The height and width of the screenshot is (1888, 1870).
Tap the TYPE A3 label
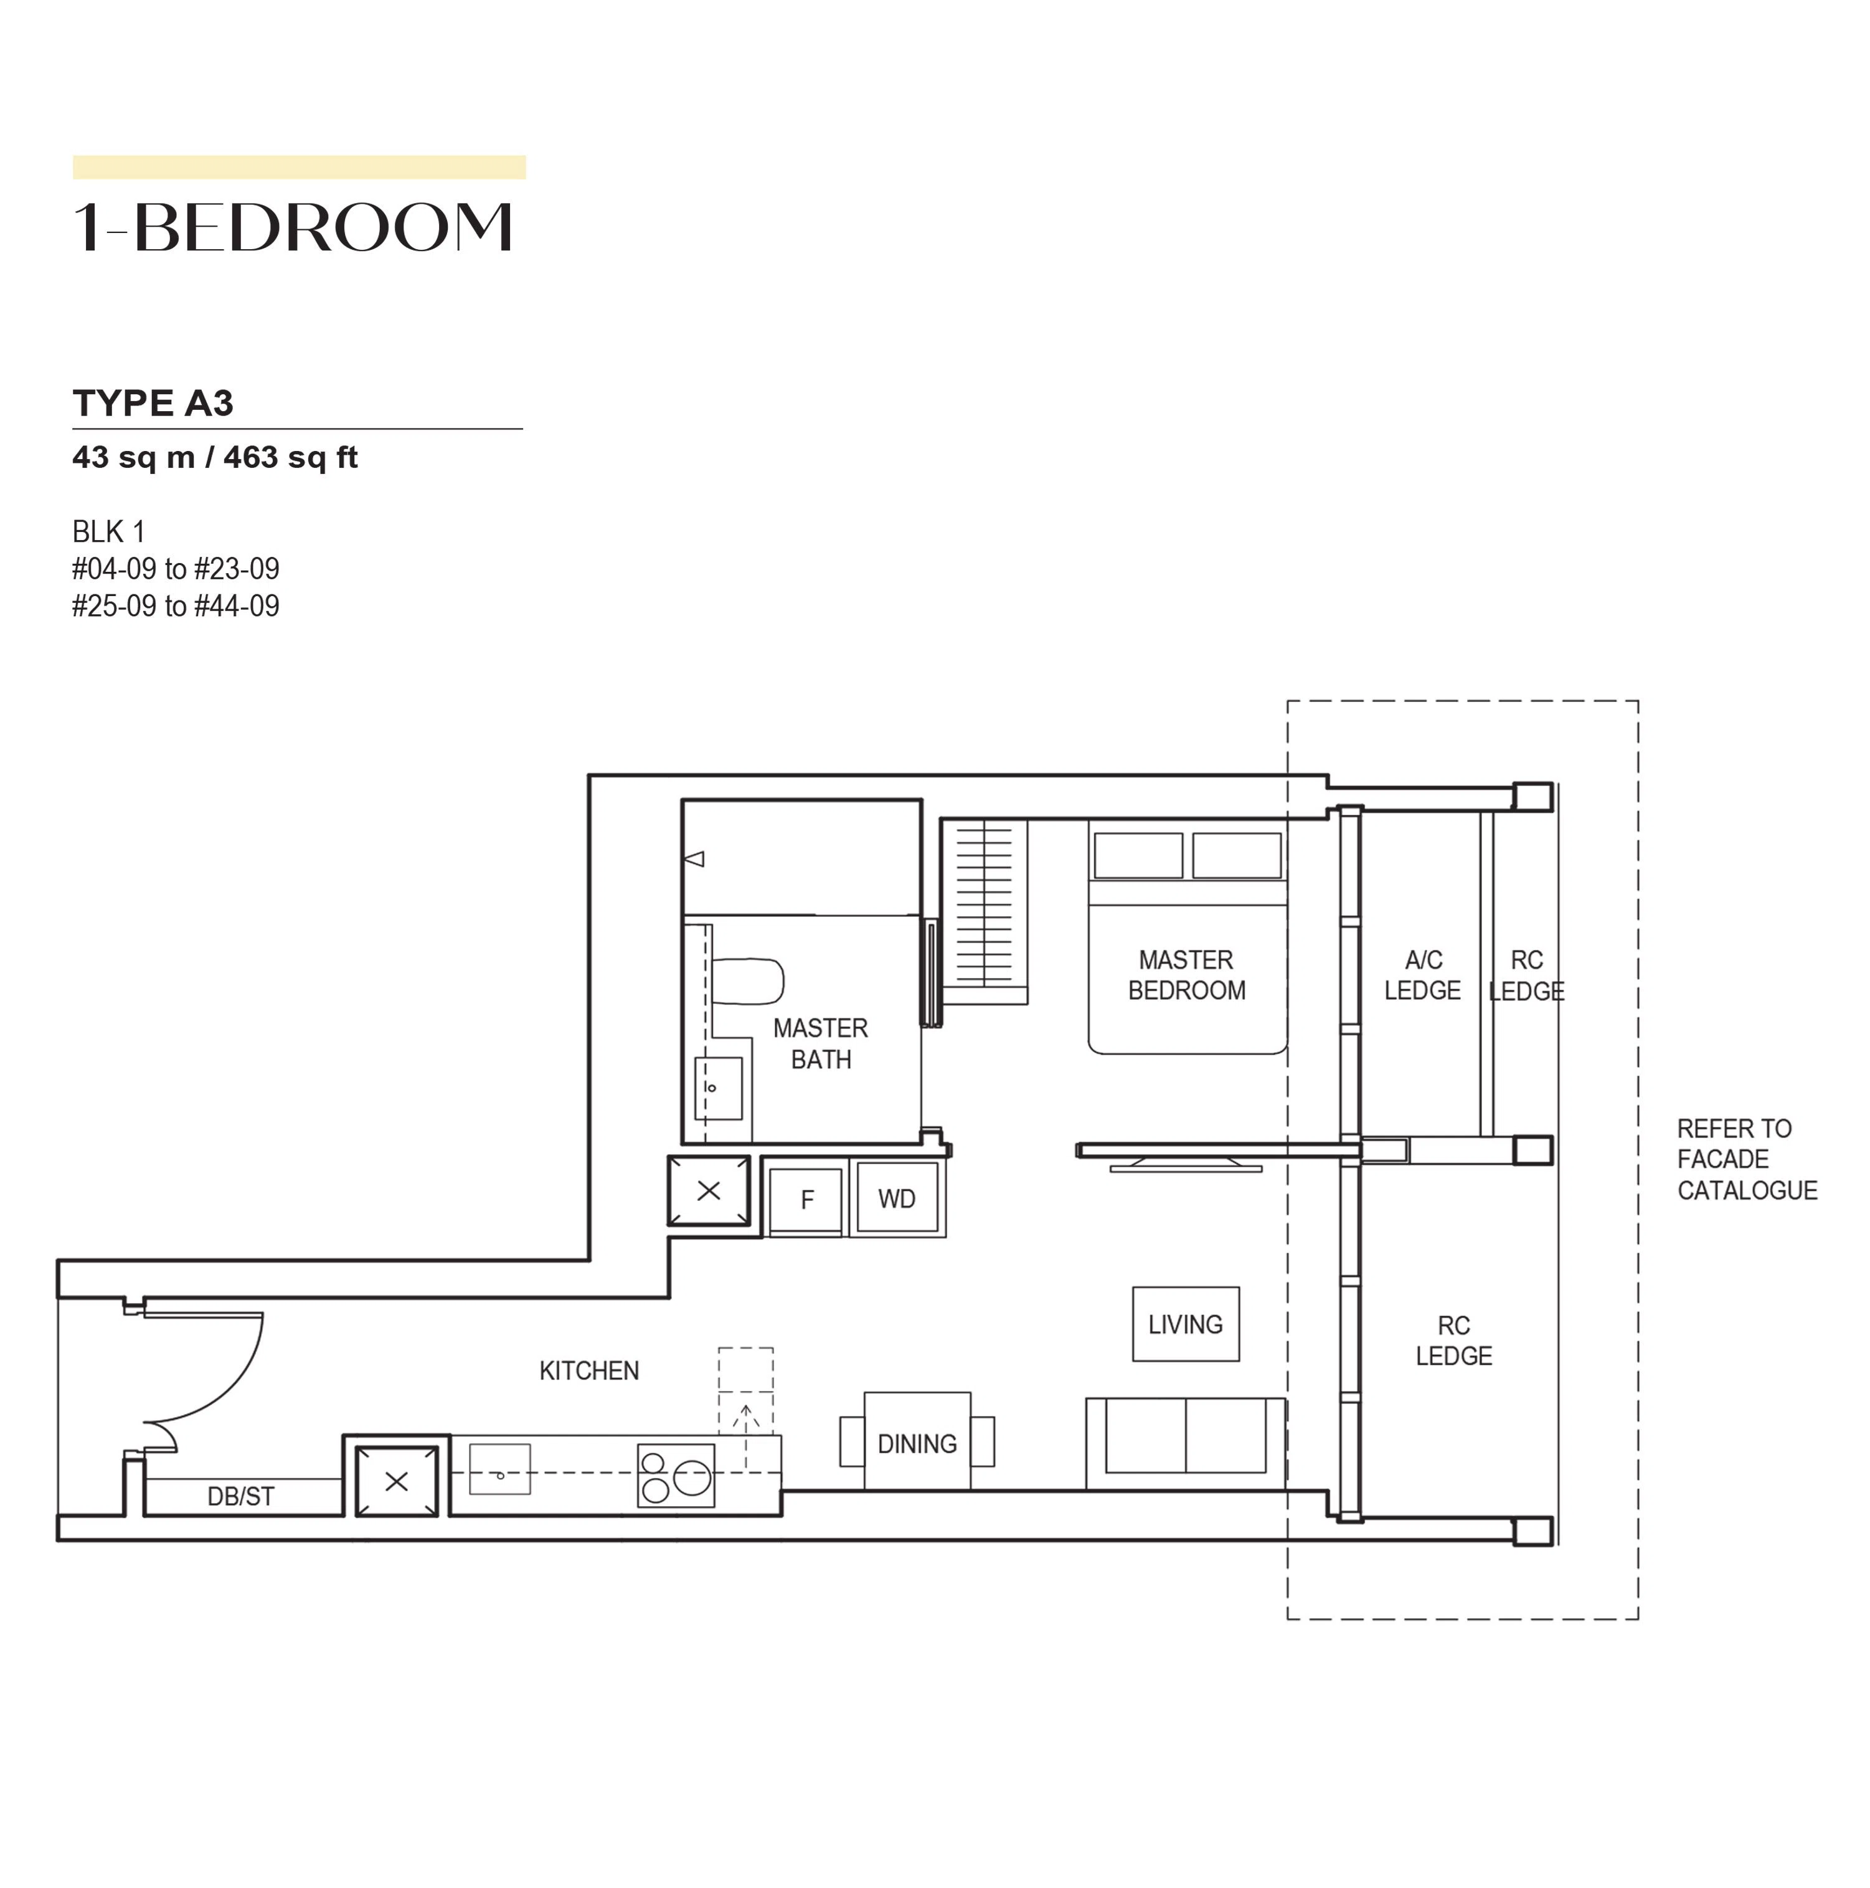(x=153, y=402)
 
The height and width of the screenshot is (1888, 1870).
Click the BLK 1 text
(x=108, y=531)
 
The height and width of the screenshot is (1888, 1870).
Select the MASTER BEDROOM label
(x=1186, y=974)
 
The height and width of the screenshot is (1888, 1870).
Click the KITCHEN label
(x=589, y=1371)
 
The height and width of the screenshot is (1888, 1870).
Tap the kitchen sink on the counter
(x=499, y=1469)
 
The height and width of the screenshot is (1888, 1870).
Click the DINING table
(x=917, y=1441)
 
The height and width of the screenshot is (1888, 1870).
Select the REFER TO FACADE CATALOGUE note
(x=1747, y=1159)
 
